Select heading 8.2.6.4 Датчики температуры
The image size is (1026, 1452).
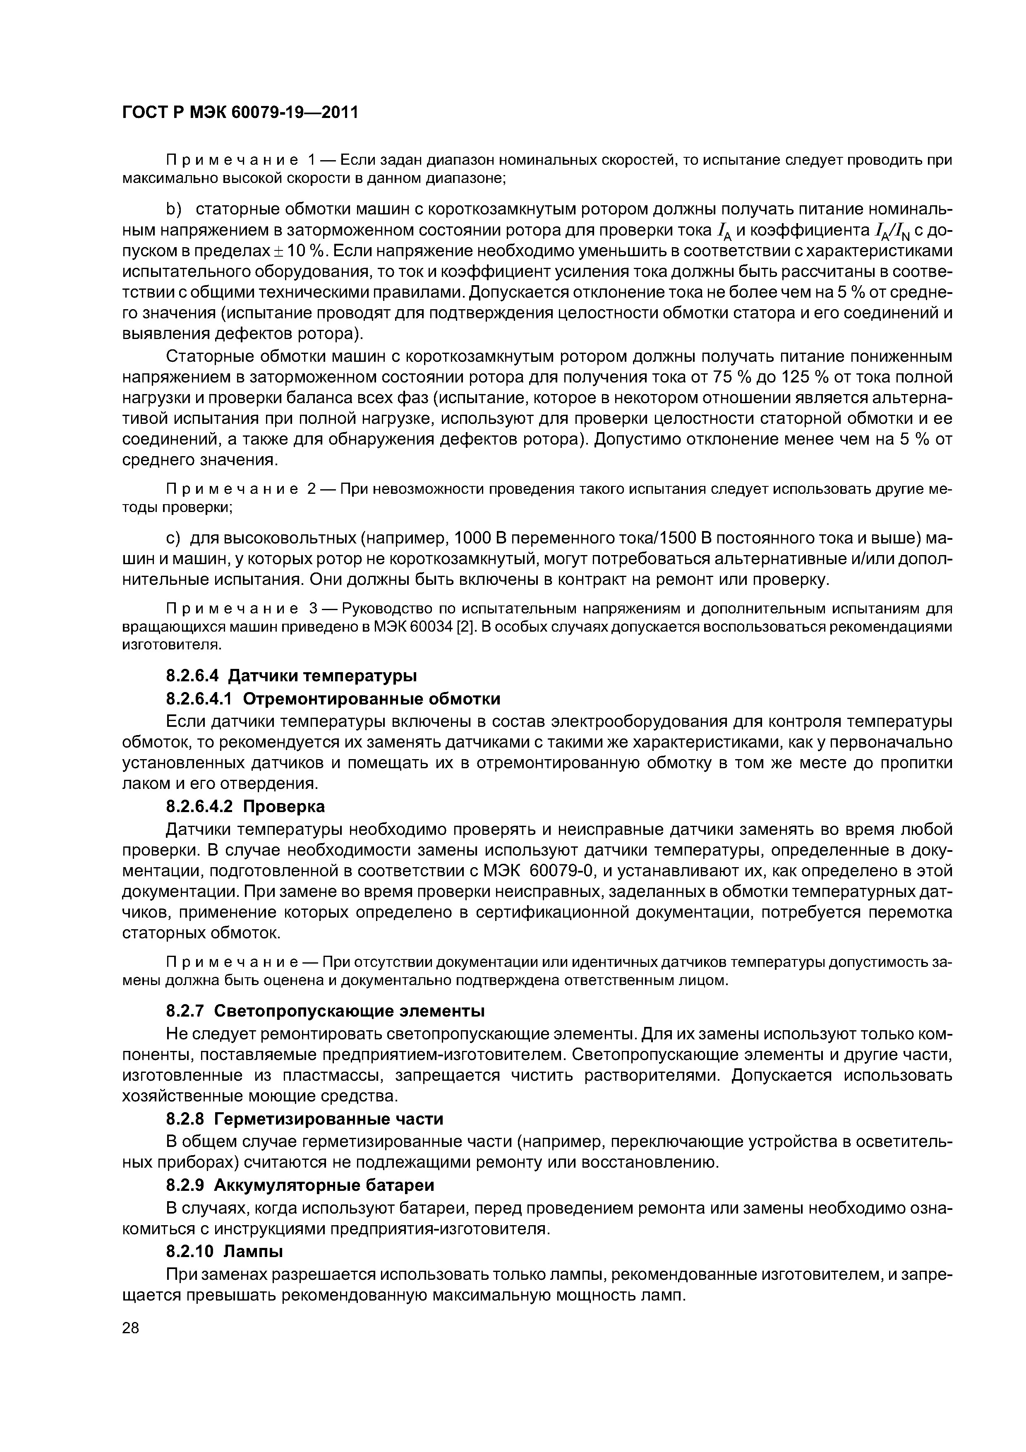(291, 676)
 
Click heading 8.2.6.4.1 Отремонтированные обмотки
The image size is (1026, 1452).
(333, 698)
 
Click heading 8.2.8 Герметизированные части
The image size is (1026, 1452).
(304, 1119)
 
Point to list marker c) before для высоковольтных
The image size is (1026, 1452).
(173, 538)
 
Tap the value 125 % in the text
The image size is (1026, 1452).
(805, 377)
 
